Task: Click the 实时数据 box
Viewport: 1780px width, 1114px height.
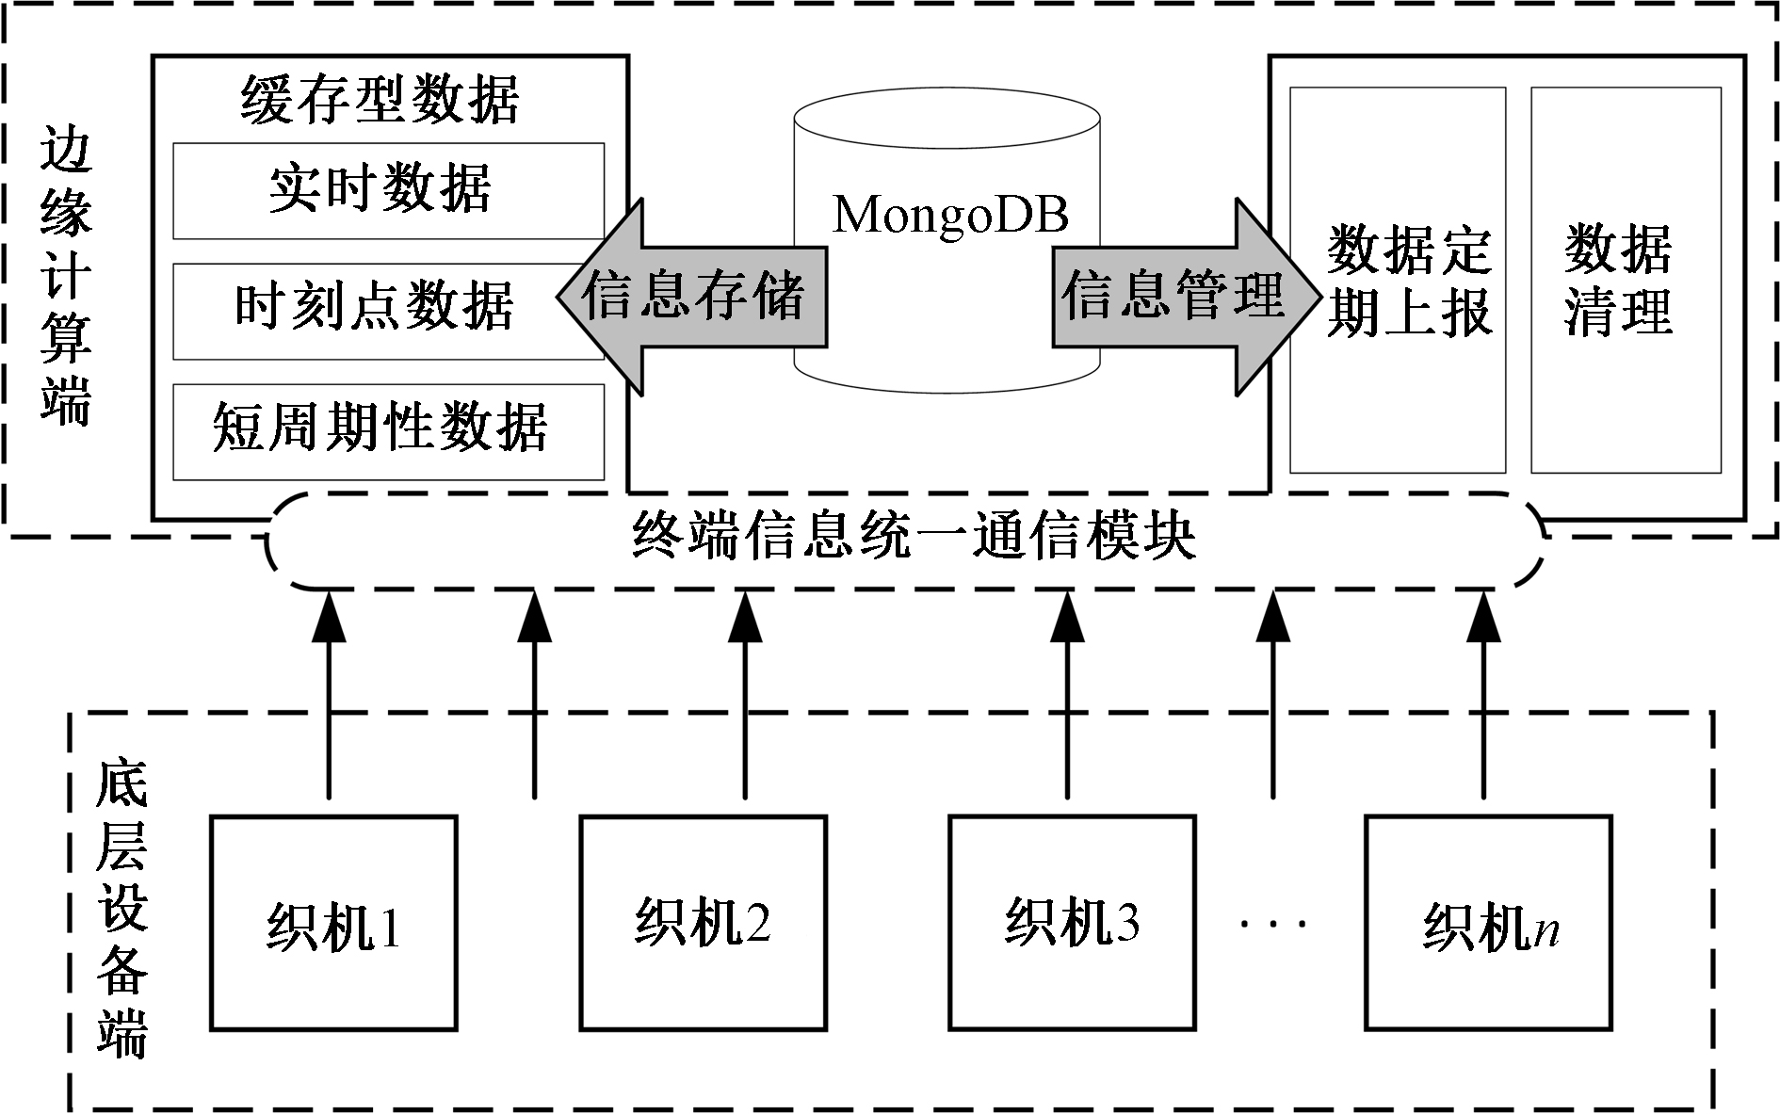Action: pyautogui.click(x=388, y=190)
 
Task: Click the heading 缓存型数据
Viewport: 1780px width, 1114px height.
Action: pyautogui.click(x=380, y=101)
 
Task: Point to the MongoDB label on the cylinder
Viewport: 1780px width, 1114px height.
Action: pyautogui.click(x=950, y=215)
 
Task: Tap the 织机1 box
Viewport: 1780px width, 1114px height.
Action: pyautogui.click(x=333, y=923)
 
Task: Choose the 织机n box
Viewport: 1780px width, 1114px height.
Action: pyautogui.click(x=1489, y=923)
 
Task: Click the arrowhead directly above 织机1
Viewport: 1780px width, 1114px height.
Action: pyautogui.click(x=329, y=618)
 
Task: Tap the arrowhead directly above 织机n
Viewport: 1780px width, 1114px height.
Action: pyautogui.click(x=1483, y=618)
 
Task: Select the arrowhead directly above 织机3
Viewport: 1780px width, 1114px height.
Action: pyautogui.click(x=1067, y=618)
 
